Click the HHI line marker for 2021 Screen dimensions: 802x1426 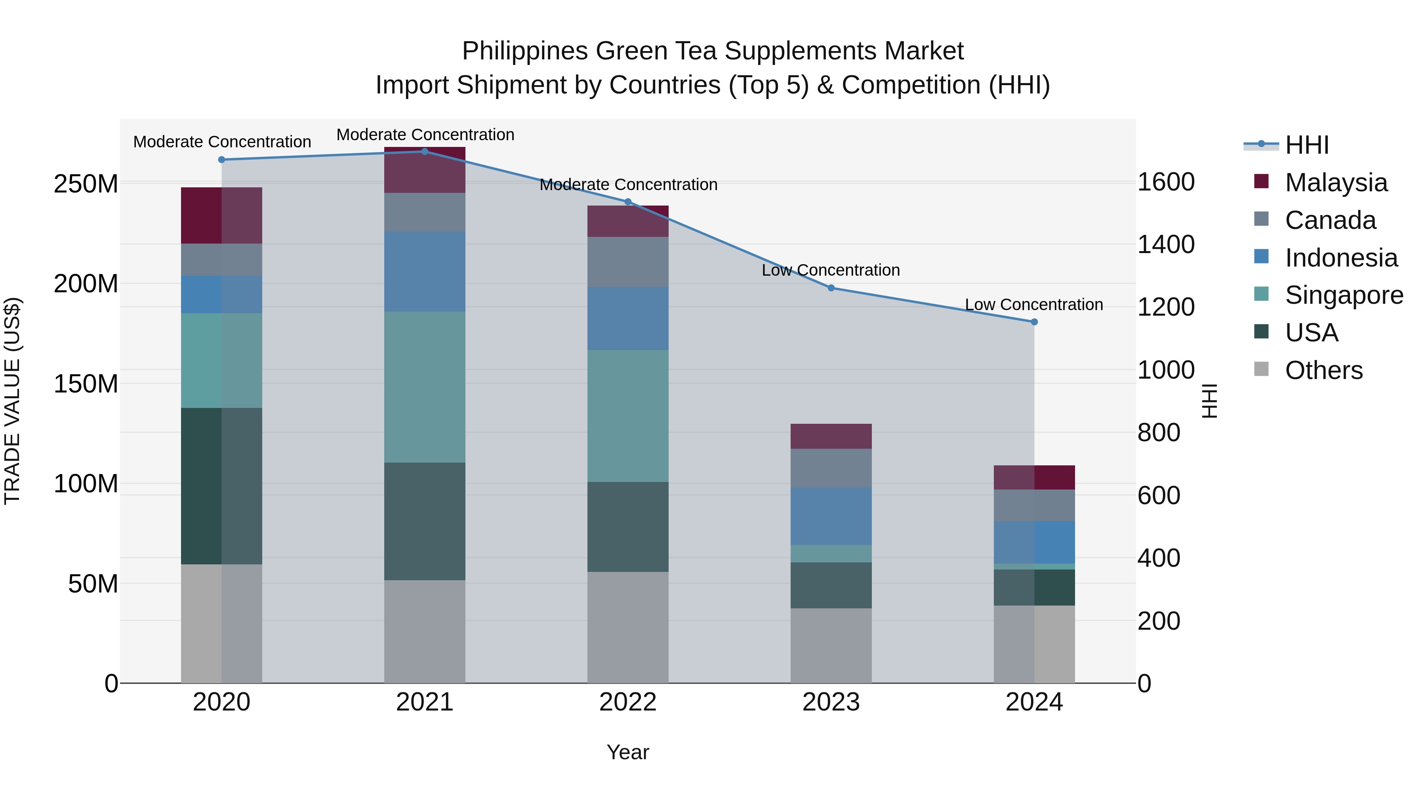(425, 152)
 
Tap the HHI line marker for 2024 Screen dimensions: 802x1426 (1034, 322)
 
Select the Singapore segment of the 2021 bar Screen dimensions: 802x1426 (425, 387)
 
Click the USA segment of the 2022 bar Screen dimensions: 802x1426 (628, 527)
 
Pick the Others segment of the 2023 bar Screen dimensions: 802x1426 (831, 646)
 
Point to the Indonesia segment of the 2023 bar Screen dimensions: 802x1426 (831, 516)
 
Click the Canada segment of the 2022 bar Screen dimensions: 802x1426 (628, 262)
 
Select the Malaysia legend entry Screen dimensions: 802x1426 (1335, 183)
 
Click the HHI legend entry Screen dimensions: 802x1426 (1306, 145)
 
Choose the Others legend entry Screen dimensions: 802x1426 (1323, 370)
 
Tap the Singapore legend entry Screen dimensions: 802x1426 (1344, 295)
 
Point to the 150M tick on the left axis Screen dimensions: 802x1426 (86, 383)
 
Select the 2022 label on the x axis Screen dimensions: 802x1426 (628, 702)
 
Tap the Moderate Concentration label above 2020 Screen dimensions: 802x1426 (222, 142)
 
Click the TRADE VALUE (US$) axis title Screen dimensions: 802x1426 (12, 401)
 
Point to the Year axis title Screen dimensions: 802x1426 (628, 752)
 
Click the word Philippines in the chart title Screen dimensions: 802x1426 (525, 51)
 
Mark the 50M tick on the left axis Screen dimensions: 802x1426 (93, 584)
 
